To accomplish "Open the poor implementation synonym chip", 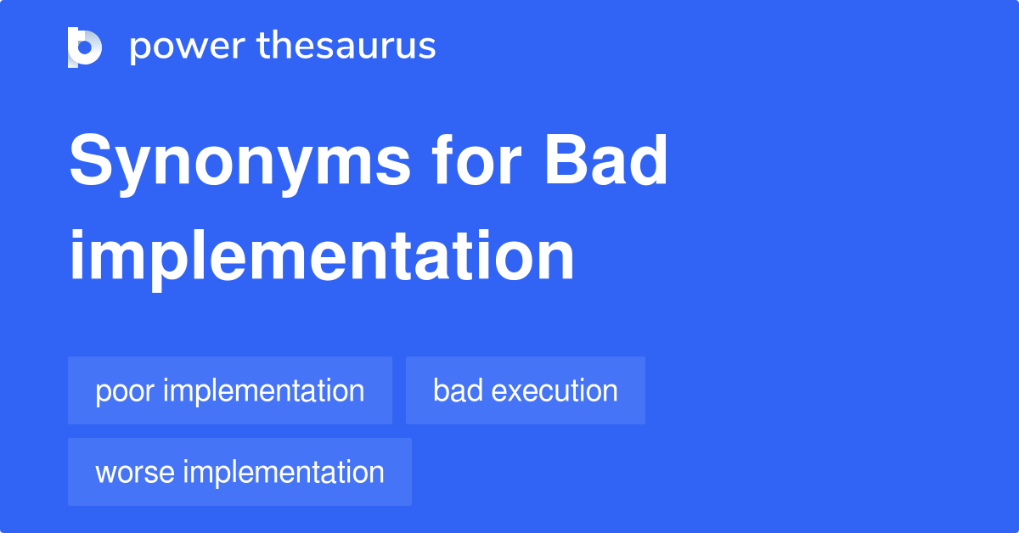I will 229,390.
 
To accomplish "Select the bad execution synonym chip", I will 525,390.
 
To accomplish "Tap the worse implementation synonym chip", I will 239,472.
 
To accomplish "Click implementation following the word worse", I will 284,472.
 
